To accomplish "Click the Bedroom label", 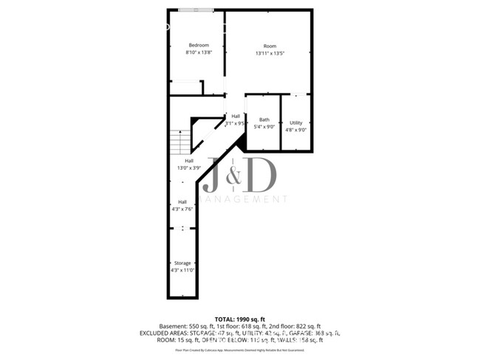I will (198, 45).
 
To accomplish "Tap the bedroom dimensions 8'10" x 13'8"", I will (198, 52).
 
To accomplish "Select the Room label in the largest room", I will (270, 45).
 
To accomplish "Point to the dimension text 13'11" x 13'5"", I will (270, 52).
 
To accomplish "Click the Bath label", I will (264, 120).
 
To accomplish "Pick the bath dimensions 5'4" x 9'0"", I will (264, 127).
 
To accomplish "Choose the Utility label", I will (295, 122).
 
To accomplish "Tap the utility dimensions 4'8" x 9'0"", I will (295, 130).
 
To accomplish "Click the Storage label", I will (182, 263).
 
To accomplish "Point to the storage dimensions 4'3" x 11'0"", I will (182, 270).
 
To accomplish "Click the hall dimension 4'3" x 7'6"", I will (182, 209).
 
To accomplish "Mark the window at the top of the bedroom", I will (196, 10).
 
